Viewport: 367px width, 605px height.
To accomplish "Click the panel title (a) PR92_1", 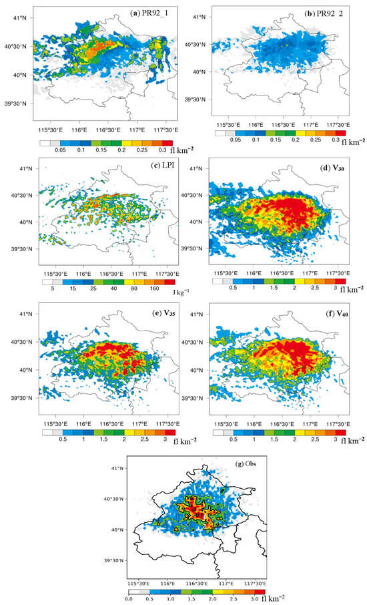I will click(x=153, y=13).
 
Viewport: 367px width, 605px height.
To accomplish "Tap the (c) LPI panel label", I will click(x=156, y=167).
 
